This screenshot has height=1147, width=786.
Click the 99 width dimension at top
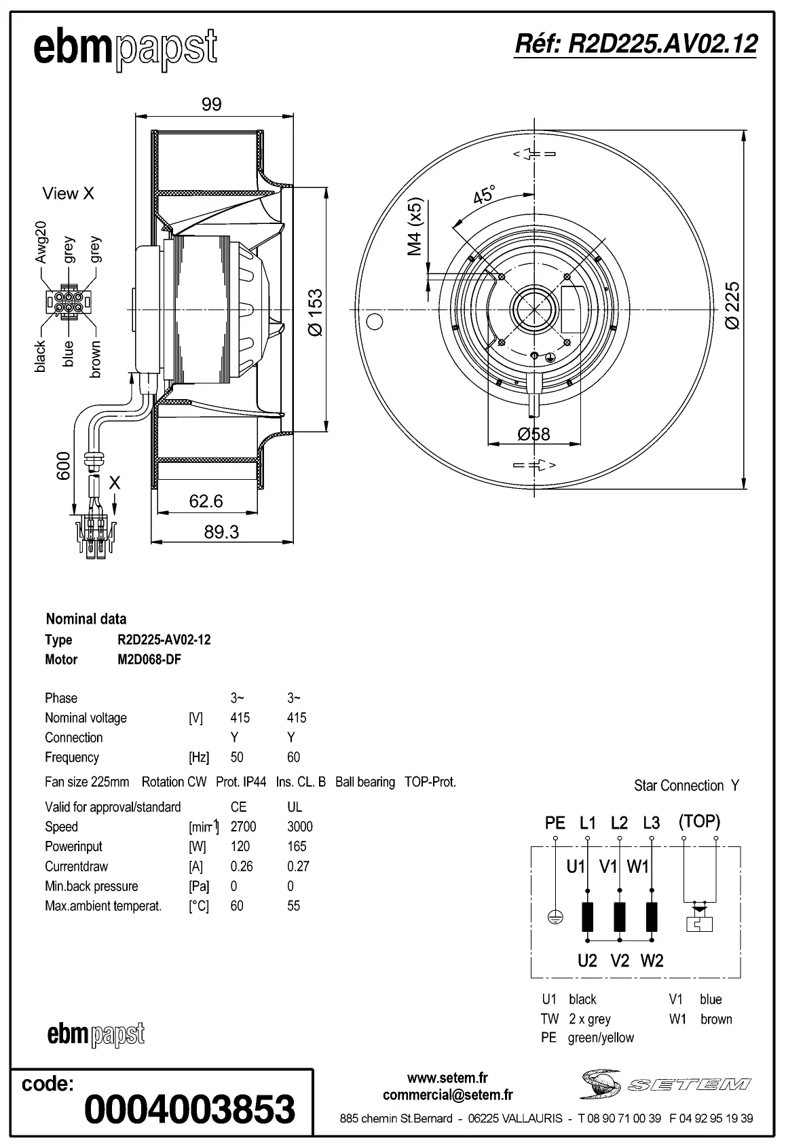(x=211, y=104)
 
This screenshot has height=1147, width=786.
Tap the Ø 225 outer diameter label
(x=732, y=306)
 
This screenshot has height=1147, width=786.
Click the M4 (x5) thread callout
(x=415, y=227)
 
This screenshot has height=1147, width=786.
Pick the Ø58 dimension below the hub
(x=534, y=434)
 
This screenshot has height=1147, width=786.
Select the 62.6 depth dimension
(x=206, y=501)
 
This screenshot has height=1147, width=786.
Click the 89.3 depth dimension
(x=221, y=532)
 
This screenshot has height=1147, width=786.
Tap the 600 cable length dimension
(x=63, y=466)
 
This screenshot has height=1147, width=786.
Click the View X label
(x=68, y=193)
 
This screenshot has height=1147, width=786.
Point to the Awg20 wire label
(x=41, y=242)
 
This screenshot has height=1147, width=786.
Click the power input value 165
(x=297, y=846)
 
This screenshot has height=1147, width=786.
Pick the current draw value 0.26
(x=241, y=866)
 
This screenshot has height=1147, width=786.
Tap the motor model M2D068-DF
(x=149, y=660)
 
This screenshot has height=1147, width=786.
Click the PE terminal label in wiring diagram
(x=555, y=823)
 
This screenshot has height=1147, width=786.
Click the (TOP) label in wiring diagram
(x=699, y=821)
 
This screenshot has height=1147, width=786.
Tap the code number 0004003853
(x=189, y=1109)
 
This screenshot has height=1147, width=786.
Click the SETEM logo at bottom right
(x=665, y=1084)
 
